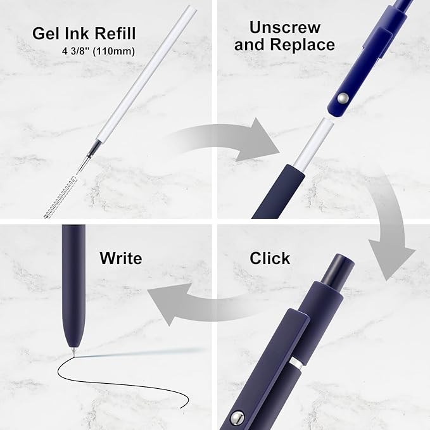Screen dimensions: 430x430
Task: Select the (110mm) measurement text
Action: point(114,51)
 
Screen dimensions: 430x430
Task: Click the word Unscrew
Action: point(284,27)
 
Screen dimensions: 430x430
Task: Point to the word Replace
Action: point(303,44)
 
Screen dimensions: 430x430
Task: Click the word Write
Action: point(121,258)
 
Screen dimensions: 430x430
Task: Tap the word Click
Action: point(270,258)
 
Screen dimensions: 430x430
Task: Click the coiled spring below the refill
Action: point(60,198)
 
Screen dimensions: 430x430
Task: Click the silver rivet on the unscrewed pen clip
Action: point(342,98)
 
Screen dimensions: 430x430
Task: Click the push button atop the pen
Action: point(338,269)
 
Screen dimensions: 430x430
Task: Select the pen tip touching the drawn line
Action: point(73,352)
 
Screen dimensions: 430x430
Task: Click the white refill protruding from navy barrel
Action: point(314,143)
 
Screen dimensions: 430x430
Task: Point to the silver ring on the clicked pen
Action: point(296,362)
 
